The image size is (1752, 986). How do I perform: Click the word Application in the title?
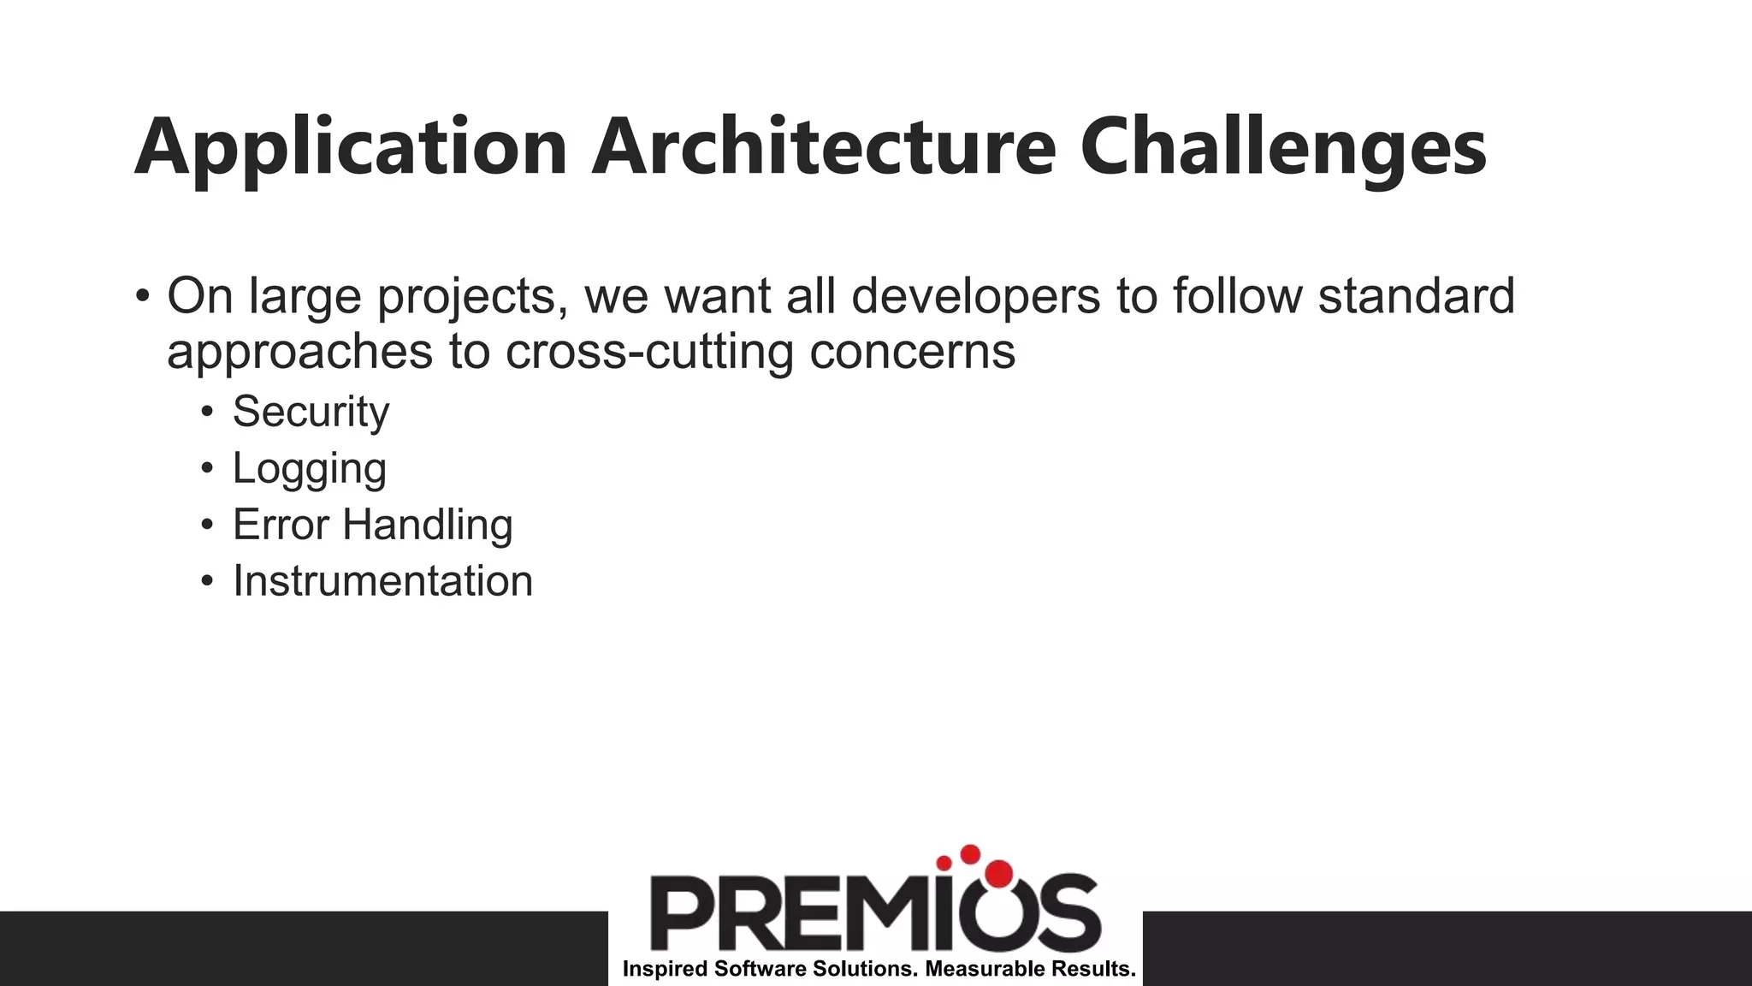351,147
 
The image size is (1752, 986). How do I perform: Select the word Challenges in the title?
1283,147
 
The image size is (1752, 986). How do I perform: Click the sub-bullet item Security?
311,412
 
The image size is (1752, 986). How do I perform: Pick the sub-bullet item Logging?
310,469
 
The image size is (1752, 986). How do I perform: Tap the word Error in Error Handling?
281,525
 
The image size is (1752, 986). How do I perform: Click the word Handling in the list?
427,525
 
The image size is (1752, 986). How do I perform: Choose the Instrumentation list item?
382,581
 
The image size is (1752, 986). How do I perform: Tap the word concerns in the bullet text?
912,352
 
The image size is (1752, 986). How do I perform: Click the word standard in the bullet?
1416,296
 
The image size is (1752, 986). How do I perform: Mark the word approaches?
299,352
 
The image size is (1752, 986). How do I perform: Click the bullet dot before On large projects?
142,297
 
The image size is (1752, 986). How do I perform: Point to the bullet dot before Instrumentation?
206,582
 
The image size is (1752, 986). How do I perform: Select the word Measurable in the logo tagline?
974,970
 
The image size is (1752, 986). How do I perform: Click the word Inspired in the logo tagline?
665,970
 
